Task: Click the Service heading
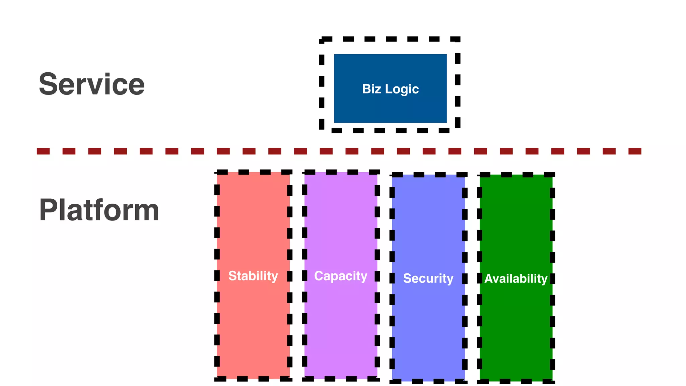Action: (91, 84)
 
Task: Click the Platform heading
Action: (99, 210)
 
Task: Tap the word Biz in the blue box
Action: (371, 89)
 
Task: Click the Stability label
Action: (253, 276)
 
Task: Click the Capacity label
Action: (341, 276)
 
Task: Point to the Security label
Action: (428, 278)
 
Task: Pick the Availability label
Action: (516, 278)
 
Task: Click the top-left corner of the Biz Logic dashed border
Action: (322, 40)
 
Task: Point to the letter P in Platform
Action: (48, 210)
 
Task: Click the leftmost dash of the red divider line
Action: (43, 151)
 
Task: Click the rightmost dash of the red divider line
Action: (635, 151)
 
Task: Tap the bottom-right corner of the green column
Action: (552, 381)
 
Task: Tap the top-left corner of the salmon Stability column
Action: (217, 173)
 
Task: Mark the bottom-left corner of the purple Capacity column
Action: (305, 379)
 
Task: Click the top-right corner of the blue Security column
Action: (465, 175)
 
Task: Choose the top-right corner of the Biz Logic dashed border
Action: (458, 40)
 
